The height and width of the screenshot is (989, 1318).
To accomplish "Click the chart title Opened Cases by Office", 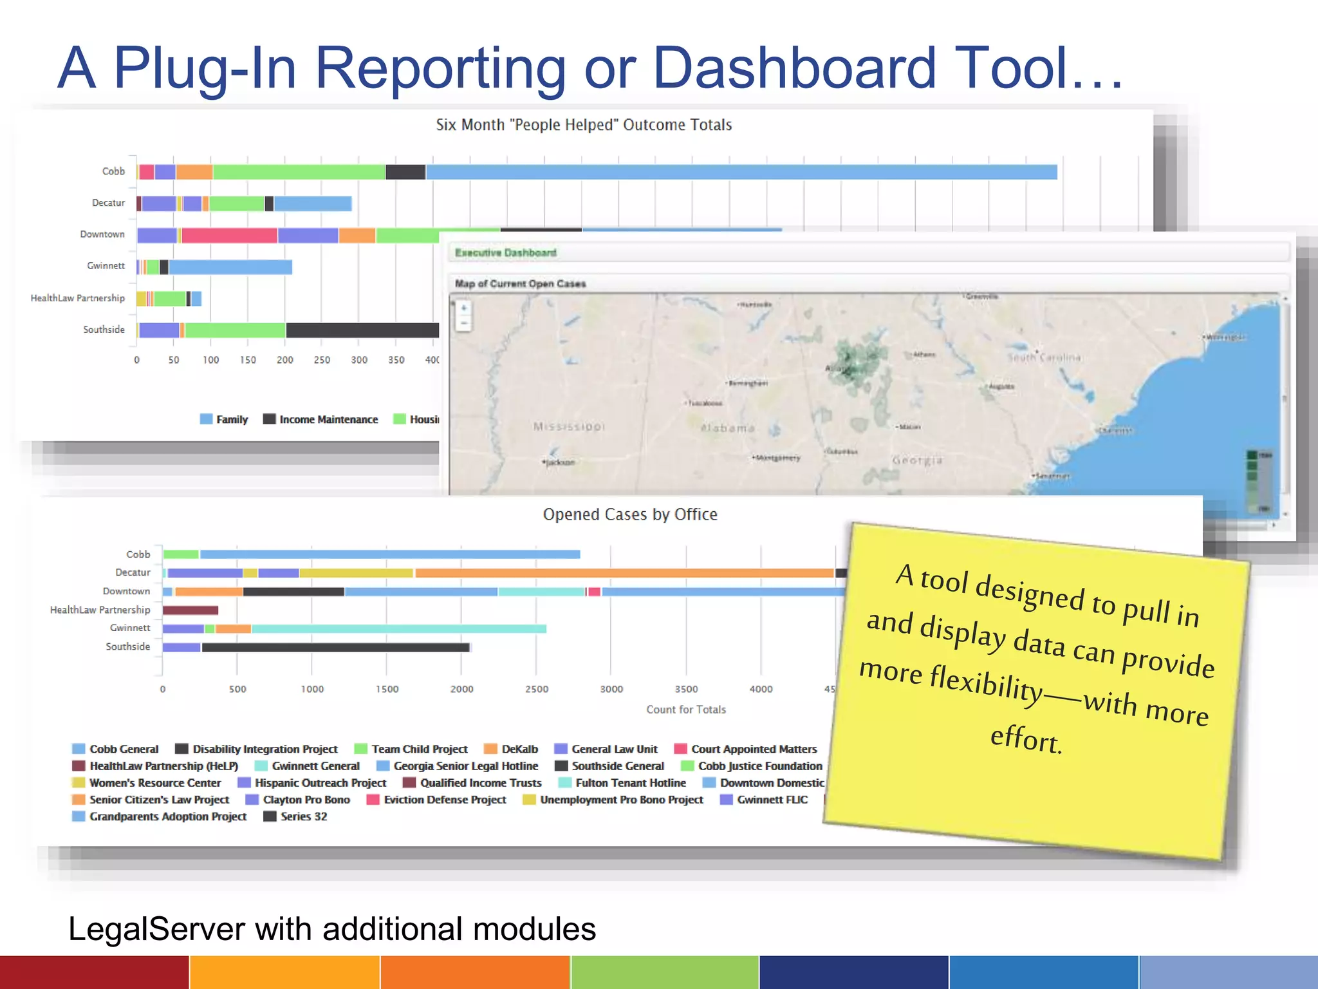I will [629, 514].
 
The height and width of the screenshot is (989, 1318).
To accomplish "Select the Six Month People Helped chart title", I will [584, 125].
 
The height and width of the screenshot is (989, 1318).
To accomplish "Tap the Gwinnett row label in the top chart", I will [106, 266].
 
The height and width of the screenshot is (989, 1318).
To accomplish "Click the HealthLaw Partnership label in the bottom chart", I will [100, 610].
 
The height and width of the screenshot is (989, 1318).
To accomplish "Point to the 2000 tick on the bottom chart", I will [461, 689].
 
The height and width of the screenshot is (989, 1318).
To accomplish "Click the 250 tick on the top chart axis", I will [322, 360].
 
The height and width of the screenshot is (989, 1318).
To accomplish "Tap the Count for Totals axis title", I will [685, 710].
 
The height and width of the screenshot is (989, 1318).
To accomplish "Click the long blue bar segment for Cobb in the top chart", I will [740, 172].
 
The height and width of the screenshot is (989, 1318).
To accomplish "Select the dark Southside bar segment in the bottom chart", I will [335, 647].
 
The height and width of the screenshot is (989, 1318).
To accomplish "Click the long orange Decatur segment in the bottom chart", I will [624, 573].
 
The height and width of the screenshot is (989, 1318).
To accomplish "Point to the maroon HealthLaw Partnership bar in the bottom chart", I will [190, 610].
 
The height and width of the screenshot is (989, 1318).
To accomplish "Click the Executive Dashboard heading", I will [505, 252].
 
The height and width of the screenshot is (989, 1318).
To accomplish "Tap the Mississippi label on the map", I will [569, 426].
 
